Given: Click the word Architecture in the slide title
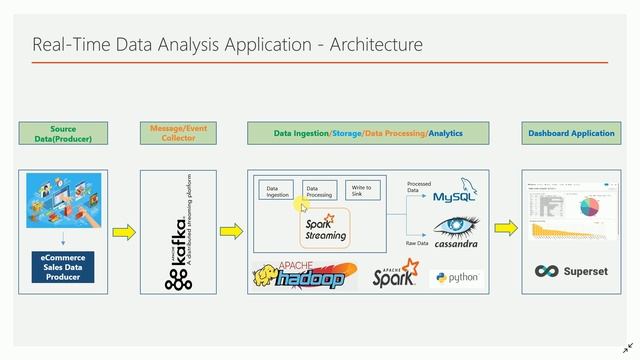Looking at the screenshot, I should coord(373,45).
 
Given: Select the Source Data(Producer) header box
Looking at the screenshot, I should coord(63,134).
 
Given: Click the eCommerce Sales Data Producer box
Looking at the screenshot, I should coord(63,267).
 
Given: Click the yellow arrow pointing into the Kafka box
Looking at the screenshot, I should coord(124,232).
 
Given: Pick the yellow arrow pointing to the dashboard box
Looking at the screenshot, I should coord(506,229).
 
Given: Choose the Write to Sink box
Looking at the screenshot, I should coord(361,190).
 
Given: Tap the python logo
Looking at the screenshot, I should coord(456,278).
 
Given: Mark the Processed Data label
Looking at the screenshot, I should coord(419,187).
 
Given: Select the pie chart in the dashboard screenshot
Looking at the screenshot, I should coord(593,204).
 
